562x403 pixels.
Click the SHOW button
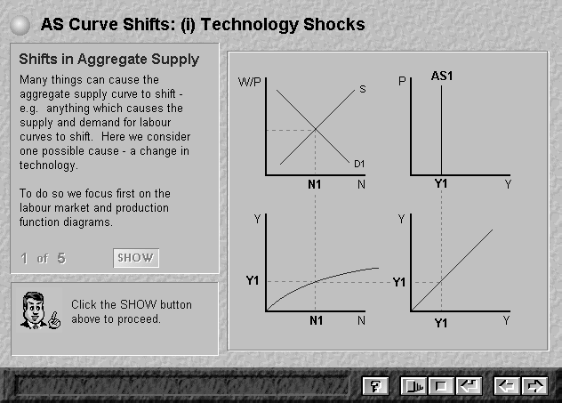(x=136, y=258)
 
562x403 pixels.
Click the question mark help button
(x=375, y=386)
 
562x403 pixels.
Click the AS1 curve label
(x=442, y=76)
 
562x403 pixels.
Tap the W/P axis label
(x=250, y=82)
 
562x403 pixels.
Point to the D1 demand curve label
(x=359, y=164)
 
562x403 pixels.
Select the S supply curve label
(x=363, y=89)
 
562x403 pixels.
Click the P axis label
(x=402, y=81)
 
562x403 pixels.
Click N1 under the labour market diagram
(x=314, y=184)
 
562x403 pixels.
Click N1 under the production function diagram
(x=317, y=320)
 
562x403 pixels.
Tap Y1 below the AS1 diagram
(x=441, y=183)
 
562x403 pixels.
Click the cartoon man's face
(x=33, y=307)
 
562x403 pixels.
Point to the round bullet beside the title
(x=20, y=25)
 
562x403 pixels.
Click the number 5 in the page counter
(x=61, y=258)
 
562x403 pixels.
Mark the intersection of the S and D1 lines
(x=316, y=129)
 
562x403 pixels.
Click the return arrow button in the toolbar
(x=470, y=386)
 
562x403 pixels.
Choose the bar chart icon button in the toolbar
(x=413, y=386)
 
